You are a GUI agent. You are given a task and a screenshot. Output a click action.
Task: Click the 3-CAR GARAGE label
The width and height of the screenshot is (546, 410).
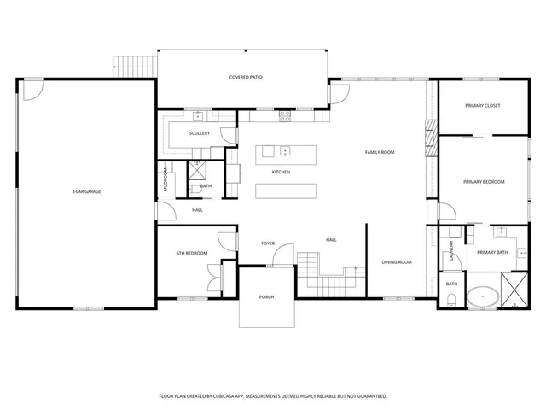pyautogui.click(x=87, y=192)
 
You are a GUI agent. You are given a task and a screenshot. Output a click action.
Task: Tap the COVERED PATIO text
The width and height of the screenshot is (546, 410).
pyautogui.click(x=246, y=78)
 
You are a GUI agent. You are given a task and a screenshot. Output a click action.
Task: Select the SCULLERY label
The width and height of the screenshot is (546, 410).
pyautogui.click(x=200, y=133)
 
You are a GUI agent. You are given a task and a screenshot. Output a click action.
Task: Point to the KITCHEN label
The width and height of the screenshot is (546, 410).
pyautogui.click(x=281, y=173)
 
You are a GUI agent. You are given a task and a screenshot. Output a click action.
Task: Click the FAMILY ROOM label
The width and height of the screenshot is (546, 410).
pyautogui.click(x=380, y=152)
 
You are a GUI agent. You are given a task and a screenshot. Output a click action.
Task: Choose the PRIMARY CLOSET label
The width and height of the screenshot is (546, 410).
pyautogui.click(x=482, y=105)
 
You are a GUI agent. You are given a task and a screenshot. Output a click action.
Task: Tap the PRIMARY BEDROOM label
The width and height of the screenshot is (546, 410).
pyautogui.click(x=484, y=182)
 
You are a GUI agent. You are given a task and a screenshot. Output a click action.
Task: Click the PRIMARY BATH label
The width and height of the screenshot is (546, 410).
pyautogui.click(x=492, y=252)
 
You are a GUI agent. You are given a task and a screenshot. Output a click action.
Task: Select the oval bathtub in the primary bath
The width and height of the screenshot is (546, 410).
pyautogui.click(x=483, y=297)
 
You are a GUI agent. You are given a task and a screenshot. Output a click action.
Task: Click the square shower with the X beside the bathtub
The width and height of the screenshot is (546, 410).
pyautogui.click(x=514, y=288)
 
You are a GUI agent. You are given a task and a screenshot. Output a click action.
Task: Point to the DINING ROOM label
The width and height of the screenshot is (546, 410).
pyautogui.click(x=397, y=262)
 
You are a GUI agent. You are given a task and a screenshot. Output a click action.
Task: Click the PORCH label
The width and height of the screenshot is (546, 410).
pyautogui.click(x=266, y=297)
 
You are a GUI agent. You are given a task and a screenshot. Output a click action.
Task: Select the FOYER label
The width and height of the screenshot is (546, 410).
pyautogui.click(x=268, y=244)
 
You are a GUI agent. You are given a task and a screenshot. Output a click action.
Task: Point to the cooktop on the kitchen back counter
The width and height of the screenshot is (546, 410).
pyautogui.click(x=285, y=114)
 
